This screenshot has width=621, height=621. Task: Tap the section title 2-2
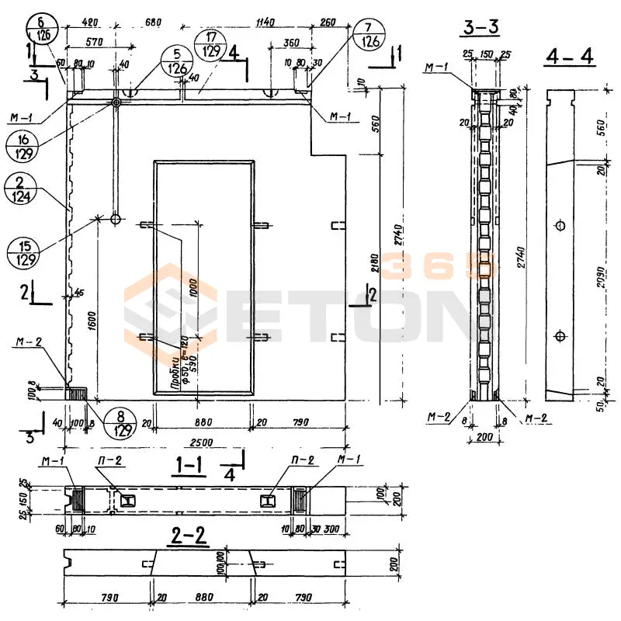pos(189,536)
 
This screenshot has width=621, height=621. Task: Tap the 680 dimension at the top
pos(153,23)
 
